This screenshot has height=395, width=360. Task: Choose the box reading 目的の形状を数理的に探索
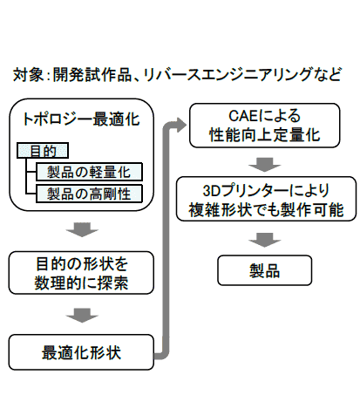point(81,273)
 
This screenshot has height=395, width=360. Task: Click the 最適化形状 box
point(81,353)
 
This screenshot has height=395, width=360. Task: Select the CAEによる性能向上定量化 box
point(261,125)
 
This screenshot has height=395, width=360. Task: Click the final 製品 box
point(262,268)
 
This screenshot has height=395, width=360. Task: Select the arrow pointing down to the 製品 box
point(262,235)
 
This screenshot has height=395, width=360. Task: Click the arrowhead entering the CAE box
point(180,125)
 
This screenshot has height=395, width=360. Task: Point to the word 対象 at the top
point(25,75)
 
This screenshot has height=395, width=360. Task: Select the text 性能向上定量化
point(261,134)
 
